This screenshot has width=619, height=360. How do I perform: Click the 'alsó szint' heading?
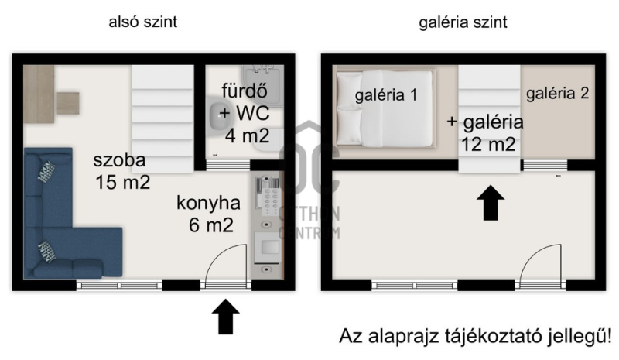point(143,22)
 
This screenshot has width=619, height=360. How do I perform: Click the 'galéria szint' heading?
point(463,22)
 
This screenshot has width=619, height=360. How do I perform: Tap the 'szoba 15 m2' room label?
point(122,171)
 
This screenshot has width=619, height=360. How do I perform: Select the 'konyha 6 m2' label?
point(209,214)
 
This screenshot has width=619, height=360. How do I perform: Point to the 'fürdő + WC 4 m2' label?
point(245,113)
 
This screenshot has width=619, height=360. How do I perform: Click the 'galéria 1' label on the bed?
point(385,95)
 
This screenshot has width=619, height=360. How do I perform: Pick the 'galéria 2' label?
point(557,93)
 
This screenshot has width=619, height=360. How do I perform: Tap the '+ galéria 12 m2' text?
point(486,133)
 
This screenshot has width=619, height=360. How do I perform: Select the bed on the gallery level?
point(385,108)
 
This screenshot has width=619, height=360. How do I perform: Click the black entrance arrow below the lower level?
point(225,317)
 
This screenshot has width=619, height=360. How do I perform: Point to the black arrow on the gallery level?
point(491,203)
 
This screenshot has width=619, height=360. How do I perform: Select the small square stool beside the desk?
point(68,103)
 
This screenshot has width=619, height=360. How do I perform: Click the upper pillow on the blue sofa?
point(46,172)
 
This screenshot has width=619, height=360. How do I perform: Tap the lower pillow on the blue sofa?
point(46,252)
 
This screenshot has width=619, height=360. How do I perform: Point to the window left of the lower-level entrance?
point(119,285)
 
